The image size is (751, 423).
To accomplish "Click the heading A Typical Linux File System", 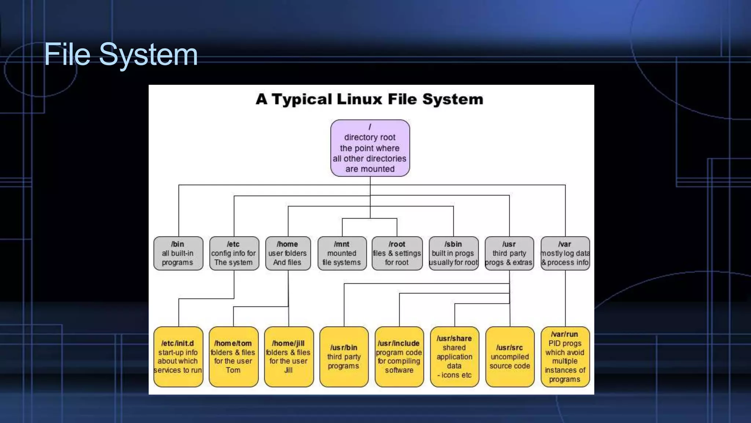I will pyautogui.click(x=369, y=99).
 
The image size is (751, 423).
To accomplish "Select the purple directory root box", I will pyautogui.click(x=370, y=148).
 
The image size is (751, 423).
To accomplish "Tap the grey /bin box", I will pyautogui.click(x=178, y=253).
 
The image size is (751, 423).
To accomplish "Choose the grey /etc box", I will pyautogui.click(x=234, y=253).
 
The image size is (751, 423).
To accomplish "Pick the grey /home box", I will pyautogui.click(x=288, y=253).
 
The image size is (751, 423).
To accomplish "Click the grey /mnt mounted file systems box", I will pyautogui.click(x=342, y=253).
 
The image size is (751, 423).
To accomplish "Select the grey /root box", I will pyautogui.click(x=397, y=253).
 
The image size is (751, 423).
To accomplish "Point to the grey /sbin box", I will pyautogui.click(x=454, y=253).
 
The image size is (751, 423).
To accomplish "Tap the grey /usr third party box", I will pyautogui.click(x=509, y=253).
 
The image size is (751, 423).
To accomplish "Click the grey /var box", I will pyautogui.click(x=565, y=253).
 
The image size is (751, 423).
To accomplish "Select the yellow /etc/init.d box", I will pyautogui.click(x=178, y=357).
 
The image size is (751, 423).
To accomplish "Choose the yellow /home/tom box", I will pyautogui.click(x=233, y=357).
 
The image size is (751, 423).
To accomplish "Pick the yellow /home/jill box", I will pyautogui.click(x=289, y=357).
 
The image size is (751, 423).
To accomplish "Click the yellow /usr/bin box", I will pyautogui.click(x=344, y=357).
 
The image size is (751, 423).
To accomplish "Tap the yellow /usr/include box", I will pyautogui.click(x=399, y=357).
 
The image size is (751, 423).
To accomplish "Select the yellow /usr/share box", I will pyautogui.click(x=454, y=357).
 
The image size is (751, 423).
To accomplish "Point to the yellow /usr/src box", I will pyautogui.click(x=510, y=357).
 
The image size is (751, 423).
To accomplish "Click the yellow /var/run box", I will pyautogui.click(x=565, y=357).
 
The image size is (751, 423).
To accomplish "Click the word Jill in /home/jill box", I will pyautogui.click(x=288, y=370).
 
